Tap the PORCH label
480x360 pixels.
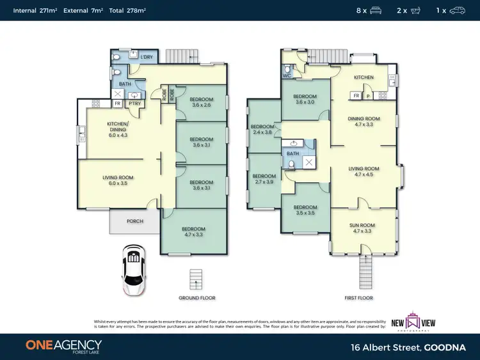134,221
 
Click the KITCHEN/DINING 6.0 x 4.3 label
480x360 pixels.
118,129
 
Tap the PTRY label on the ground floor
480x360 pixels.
134,103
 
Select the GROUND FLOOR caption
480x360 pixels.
197,298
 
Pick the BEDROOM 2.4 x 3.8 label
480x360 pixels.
263,130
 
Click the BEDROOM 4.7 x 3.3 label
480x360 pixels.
193,232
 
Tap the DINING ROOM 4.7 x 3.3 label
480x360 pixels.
364,121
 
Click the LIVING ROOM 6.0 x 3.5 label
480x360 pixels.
118,181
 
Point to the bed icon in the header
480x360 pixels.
376,10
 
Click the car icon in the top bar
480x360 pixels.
458,10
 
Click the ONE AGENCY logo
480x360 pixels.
63,346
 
